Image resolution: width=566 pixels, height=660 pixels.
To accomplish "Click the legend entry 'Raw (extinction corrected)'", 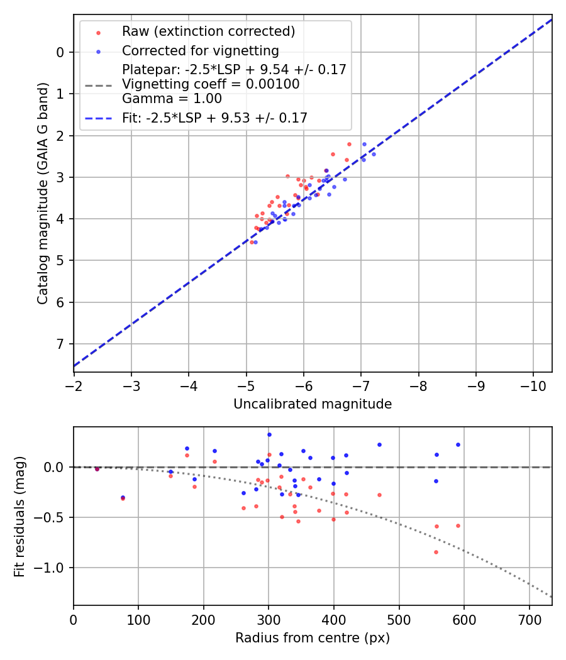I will (x=208, y=31).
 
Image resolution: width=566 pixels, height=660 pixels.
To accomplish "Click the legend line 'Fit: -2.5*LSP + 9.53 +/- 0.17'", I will (x=214, y=118).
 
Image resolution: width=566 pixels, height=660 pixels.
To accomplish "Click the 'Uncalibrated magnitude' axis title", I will (x=313, y=404).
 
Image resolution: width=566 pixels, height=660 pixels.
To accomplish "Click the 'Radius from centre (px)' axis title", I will (x=313, y=638).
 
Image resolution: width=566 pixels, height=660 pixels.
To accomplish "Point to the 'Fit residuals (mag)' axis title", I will (x=20, y=517).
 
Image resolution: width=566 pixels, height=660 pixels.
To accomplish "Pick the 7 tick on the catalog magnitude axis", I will (x=60, y=344).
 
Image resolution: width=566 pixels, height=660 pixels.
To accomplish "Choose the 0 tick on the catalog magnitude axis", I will (x=60, y=52).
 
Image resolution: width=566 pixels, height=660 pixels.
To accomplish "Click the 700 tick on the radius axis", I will (x=529, y=619).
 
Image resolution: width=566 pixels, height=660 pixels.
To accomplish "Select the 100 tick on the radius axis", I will (x=138, y=619).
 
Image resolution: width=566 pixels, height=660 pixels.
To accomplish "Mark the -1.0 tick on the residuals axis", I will (x=53, y=568).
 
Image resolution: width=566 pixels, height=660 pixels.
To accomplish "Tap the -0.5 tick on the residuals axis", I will (x=53, y=517).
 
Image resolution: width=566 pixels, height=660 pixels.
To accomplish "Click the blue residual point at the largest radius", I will (x=458, y=444).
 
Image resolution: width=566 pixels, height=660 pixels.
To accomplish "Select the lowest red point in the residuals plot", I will (x=436, y=552).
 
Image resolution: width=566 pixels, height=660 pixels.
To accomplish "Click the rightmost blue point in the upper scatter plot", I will (x=374, y=154).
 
